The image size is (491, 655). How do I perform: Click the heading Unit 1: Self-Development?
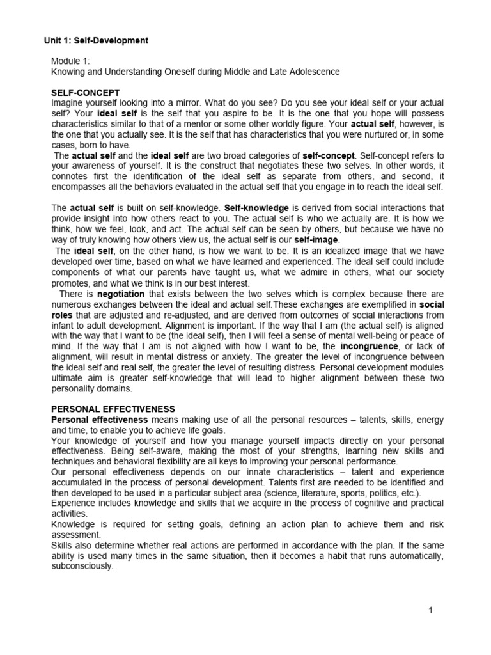point(96,40)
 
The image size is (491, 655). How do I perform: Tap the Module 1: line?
point(71,61)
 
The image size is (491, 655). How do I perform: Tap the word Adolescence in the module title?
point(313,72)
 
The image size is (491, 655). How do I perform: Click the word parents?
point(162,271)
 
